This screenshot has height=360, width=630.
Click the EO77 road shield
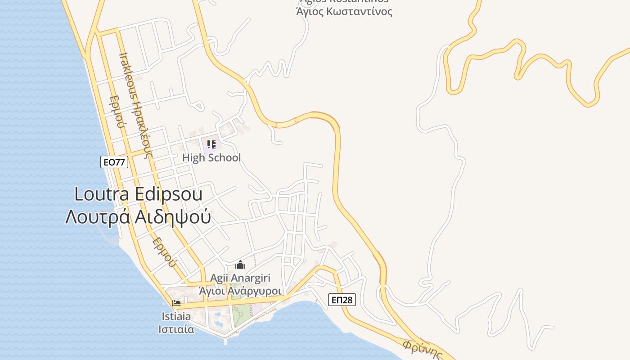tap(114, 162)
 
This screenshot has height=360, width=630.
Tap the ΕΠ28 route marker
tap(342, 300)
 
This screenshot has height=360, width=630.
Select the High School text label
tap(211, 157)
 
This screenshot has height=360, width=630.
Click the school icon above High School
tap(211, 144)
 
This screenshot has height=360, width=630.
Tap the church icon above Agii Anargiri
tap(240, 265)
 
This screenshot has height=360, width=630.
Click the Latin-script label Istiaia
tap(176, 316)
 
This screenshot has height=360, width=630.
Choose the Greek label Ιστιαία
tap(176, 329)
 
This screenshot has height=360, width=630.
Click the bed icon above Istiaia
tap(176, 303)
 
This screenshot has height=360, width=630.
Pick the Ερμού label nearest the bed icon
tap(162, 252)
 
